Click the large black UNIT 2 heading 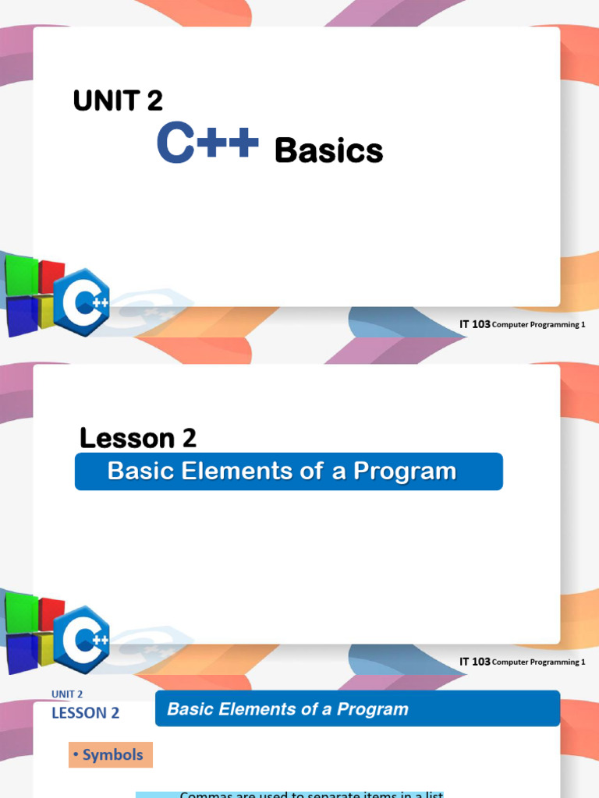pyautogui.click(x=118, y=101)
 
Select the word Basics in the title pyautogui.click(x=328, y=150)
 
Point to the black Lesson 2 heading pyautogui.click(x=138, y=438)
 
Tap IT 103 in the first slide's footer pyautogui.click(x=475, y=324)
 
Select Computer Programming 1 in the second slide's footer pyautogui.click(x=539, y=662)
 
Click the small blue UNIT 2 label pyautogui.click(x=67, y=694)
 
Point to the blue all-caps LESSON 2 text pyautogui.click(x=86, y=713)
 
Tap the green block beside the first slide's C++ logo pyautogui.click(x=19, y=273)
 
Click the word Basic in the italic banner pyautogui.click(x=188, y=709)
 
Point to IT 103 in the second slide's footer pyautogui.click(x=475, y=662)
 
